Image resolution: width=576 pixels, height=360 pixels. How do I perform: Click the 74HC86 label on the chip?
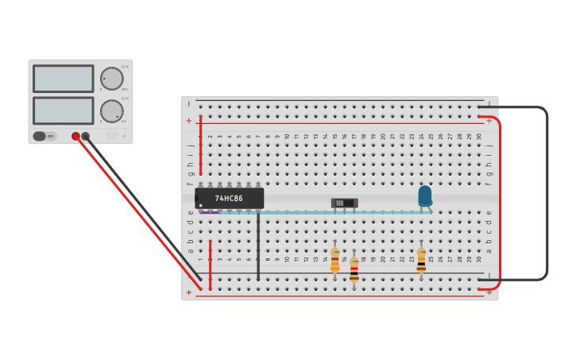(229, 198)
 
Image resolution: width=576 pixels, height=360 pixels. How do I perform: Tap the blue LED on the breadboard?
(425, 195)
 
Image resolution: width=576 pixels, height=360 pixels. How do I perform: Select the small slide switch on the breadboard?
(344, 203)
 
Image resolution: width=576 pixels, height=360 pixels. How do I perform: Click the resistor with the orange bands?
(335, 260)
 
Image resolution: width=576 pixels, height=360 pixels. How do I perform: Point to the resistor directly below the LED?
(421, 260)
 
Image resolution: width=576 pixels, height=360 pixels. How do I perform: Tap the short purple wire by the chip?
(210, 212)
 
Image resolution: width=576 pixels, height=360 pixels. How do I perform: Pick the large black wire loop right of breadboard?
(547, 192)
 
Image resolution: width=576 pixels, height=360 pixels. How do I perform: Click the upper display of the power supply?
(64, 79)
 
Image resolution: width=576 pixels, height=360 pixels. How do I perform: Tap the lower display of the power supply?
(64, 110)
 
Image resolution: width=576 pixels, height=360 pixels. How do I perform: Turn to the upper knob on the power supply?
(112, 78)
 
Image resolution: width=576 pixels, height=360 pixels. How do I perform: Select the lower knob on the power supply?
(112, 110)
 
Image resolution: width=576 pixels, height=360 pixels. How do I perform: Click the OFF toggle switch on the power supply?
(44, 136)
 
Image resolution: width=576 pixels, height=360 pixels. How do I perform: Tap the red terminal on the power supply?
(75, 136)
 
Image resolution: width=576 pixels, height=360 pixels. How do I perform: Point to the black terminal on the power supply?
(86, 136)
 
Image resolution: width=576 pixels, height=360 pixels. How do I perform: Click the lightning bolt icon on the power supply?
(125, 136)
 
